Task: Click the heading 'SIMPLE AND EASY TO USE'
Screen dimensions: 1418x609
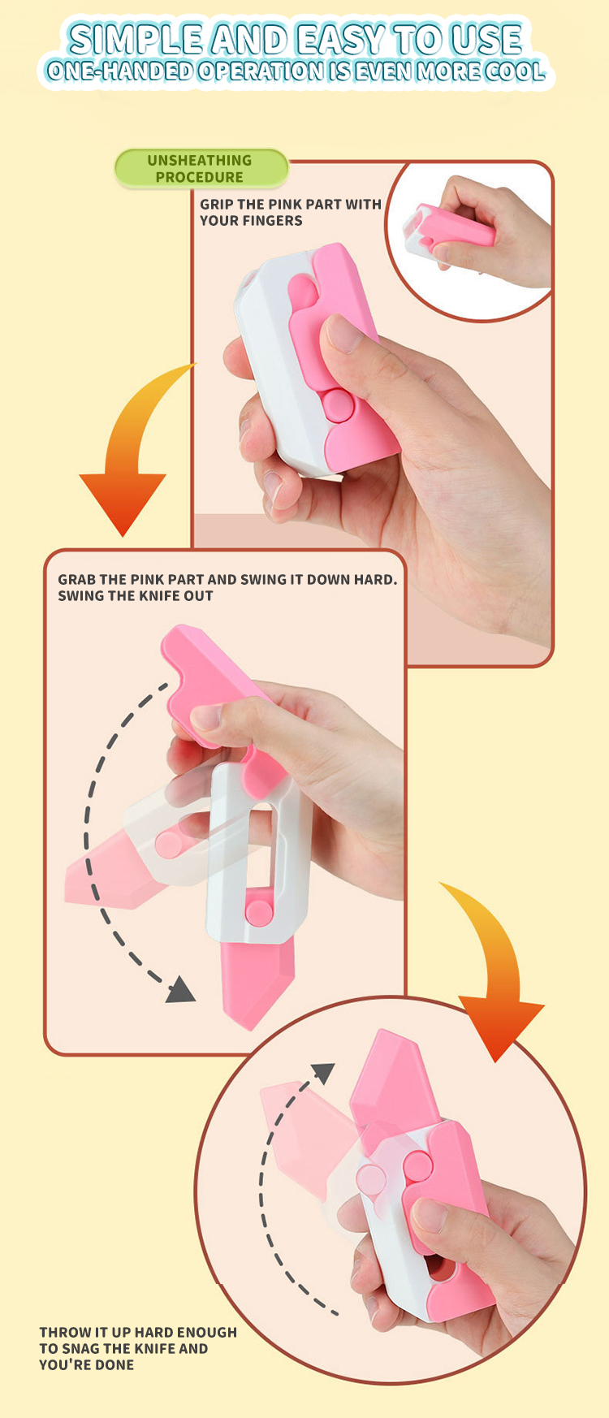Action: pos(296,39)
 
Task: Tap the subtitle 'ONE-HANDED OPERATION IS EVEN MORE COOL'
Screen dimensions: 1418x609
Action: pos(296,71)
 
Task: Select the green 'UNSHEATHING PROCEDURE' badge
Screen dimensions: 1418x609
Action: pos(201,169)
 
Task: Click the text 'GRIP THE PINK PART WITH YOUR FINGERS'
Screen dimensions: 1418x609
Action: pos(290,212)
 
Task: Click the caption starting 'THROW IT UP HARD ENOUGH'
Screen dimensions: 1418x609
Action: pos(138,1348)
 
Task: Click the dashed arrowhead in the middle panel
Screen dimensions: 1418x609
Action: pos(181,991)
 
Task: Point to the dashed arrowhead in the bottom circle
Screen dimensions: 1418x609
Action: pos(323,1073)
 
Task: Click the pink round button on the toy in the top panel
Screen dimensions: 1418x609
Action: pos(336,404)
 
